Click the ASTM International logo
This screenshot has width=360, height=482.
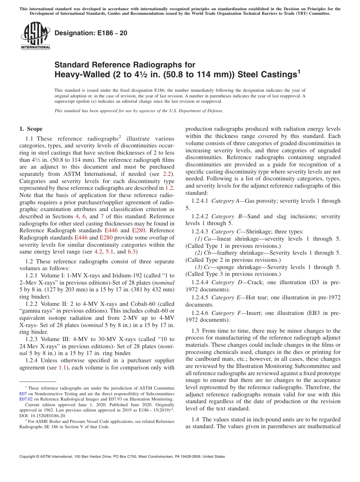[35, 36]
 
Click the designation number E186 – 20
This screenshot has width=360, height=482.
[91, 33]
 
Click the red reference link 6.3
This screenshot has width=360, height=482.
[131, 252]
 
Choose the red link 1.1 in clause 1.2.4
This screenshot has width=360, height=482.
[63, 368]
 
